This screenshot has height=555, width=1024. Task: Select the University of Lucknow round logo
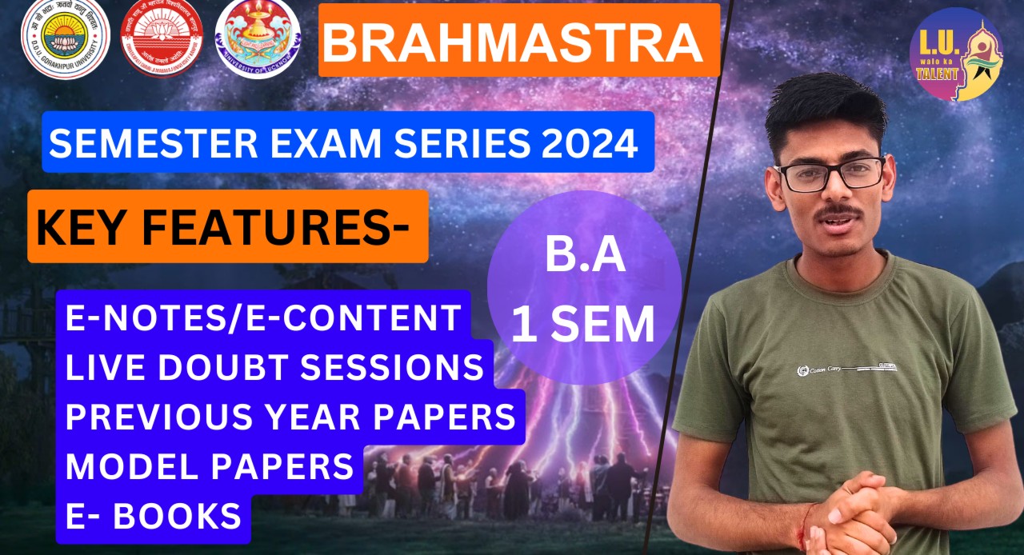pos(258,39)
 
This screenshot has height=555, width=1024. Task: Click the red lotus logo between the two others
pos(161,39)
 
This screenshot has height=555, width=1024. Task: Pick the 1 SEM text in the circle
pos(583,325)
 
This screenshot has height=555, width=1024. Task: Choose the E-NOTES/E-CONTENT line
pos(264,317)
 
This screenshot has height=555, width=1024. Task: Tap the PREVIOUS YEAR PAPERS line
pos(290,417)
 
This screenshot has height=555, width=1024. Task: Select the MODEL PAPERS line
pos(210,465)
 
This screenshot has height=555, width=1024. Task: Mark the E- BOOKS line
pos(154,516)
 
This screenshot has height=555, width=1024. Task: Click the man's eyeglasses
pos(829,174)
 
